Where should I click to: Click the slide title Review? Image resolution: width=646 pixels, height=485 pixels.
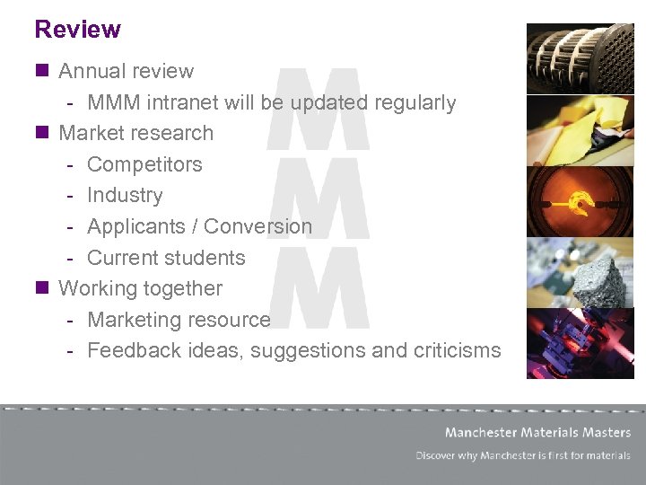coord(77,30)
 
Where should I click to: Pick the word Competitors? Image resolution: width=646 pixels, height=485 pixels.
coord(144,164)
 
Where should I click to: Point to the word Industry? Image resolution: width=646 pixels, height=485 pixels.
coord(125,195)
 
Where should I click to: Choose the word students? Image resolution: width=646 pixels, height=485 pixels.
coord(205,258)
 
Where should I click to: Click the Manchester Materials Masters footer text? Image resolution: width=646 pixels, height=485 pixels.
coord(537,432)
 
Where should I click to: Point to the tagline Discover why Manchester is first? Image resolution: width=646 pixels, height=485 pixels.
coord(523,455)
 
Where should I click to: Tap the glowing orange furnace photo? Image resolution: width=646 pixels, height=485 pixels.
coord(580,201)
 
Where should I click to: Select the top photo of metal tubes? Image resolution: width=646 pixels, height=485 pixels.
coord(580,58)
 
